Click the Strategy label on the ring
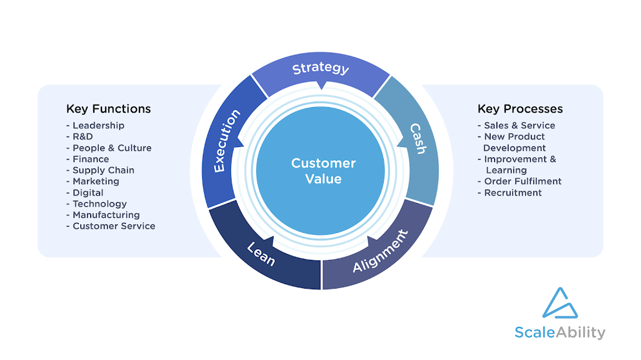coord(320,68)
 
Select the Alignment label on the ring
coord(381,251)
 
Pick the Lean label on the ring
coord(261,254)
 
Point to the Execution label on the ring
coord(227,141)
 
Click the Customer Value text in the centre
coord(324,171)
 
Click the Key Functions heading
coord(108,109)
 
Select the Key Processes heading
coord(520,109)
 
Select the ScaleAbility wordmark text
coord(560,332)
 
